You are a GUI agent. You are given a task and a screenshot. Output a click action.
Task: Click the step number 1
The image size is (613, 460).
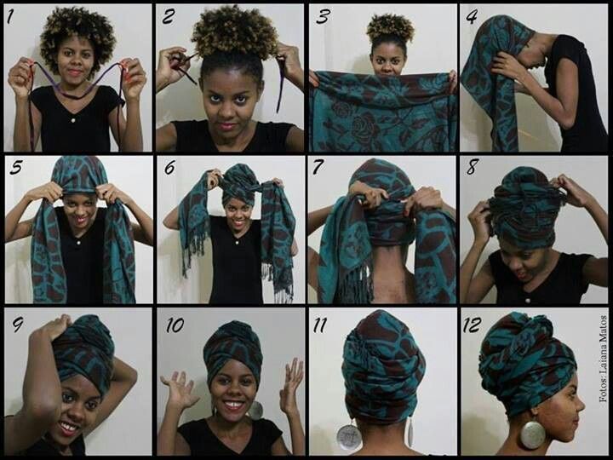click(10, 16)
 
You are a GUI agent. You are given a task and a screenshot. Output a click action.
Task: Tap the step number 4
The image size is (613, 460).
click(472, 16)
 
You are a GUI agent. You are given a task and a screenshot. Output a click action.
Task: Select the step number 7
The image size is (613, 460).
click(318, 167)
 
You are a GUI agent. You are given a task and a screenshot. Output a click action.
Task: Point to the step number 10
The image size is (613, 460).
click(175, 325)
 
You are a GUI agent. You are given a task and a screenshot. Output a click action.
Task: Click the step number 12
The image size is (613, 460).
click(473, 325)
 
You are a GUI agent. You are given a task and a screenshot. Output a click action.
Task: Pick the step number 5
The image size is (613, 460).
click(16, 167)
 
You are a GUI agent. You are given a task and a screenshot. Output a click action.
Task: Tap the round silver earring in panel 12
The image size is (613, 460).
click(532, 434)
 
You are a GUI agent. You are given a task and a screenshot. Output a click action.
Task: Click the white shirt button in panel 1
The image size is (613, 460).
click(73, 120)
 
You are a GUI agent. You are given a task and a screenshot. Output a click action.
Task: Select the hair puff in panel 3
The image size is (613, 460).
click(390, 28)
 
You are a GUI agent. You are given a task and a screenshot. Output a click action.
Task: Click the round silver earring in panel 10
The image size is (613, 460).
click(255, 410)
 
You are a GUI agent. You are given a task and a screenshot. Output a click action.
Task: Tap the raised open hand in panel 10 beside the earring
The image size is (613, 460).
click(292, 386)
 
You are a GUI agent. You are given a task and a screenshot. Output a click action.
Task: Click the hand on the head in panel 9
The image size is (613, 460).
click(54, 326)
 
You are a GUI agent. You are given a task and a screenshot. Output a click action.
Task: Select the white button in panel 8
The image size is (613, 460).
click(527, 301)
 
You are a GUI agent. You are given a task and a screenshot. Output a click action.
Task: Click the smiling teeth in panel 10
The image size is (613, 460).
click(233, 404)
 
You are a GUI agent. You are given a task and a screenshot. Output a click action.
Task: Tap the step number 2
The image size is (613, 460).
click(169, 16)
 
